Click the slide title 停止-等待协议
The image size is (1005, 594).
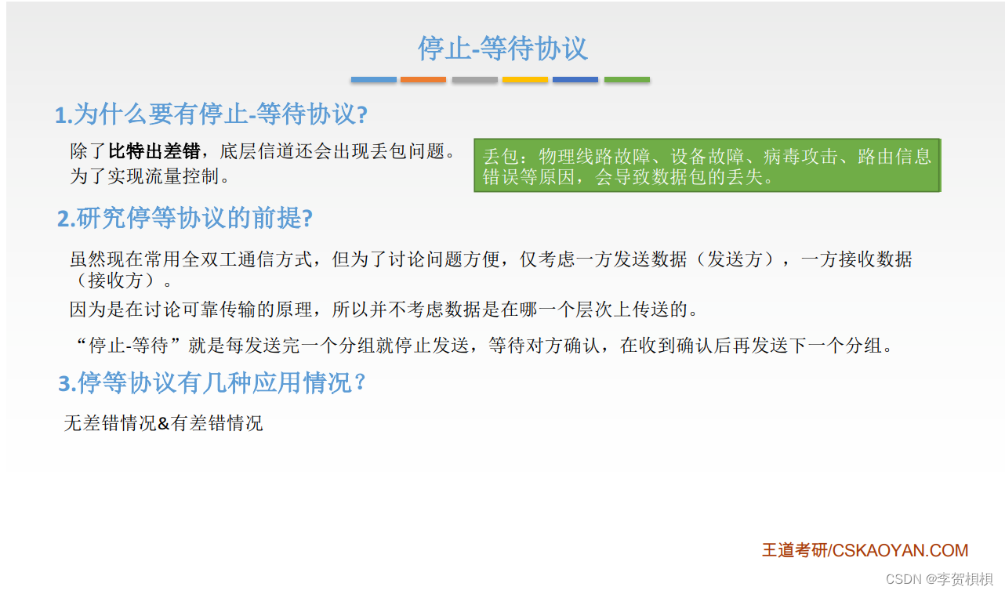502,49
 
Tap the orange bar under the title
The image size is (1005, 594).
423,80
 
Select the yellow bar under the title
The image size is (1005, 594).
524,80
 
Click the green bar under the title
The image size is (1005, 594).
626,80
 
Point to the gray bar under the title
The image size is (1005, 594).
474,80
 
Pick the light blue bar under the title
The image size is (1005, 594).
373,80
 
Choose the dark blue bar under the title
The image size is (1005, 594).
575,80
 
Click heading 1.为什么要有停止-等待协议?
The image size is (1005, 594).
211,115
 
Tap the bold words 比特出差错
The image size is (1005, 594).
154,151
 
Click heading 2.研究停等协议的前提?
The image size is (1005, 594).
184,219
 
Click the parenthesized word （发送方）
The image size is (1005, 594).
735,259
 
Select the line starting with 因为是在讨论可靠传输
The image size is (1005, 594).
383,310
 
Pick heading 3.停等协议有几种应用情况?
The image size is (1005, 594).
212,384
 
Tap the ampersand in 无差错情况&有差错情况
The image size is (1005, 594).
163,424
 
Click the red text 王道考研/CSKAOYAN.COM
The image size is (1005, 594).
865,550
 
